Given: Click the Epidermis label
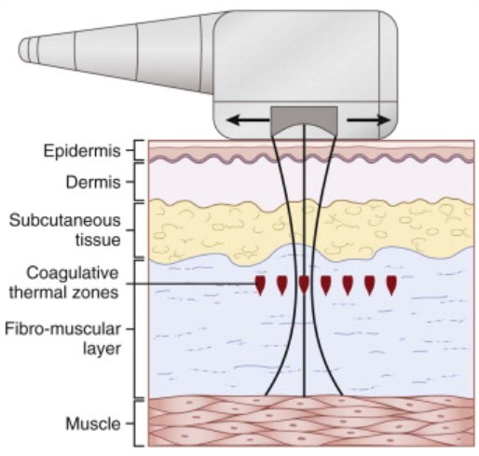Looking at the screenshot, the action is [x=82, y=151].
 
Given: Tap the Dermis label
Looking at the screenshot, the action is [x=93, y=182].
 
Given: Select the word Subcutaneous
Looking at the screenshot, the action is [x=65, y=220].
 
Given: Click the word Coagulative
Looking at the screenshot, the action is [x=72, y=273].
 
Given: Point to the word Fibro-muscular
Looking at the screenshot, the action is [x=62, y=329].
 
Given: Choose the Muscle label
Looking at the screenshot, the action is [x=93, y=423].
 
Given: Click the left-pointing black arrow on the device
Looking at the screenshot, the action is [x=248, y=119].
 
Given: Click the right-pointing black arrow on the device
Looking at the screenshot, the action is [x=368, y=120].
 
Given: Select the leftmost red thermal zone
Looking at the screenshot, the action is [x=260, y=284].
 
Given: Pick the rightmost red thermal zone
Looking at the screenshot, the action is [x=391, y=284].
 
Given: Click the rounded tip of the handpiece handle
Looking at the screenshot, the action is [x=21, y=49].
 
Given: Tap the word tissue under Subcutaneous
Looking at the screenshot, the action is [x=98, y=240].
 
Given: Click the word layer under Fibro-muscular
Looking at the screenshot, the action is [x=102, y=349].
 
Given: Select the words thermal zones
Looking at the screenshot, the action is [x=63, y=293].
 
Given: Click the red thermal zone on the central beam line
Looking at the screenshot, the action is [x=304, y=284].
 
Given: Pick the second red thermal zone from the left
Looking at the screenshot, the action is [x=282, y=284].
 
